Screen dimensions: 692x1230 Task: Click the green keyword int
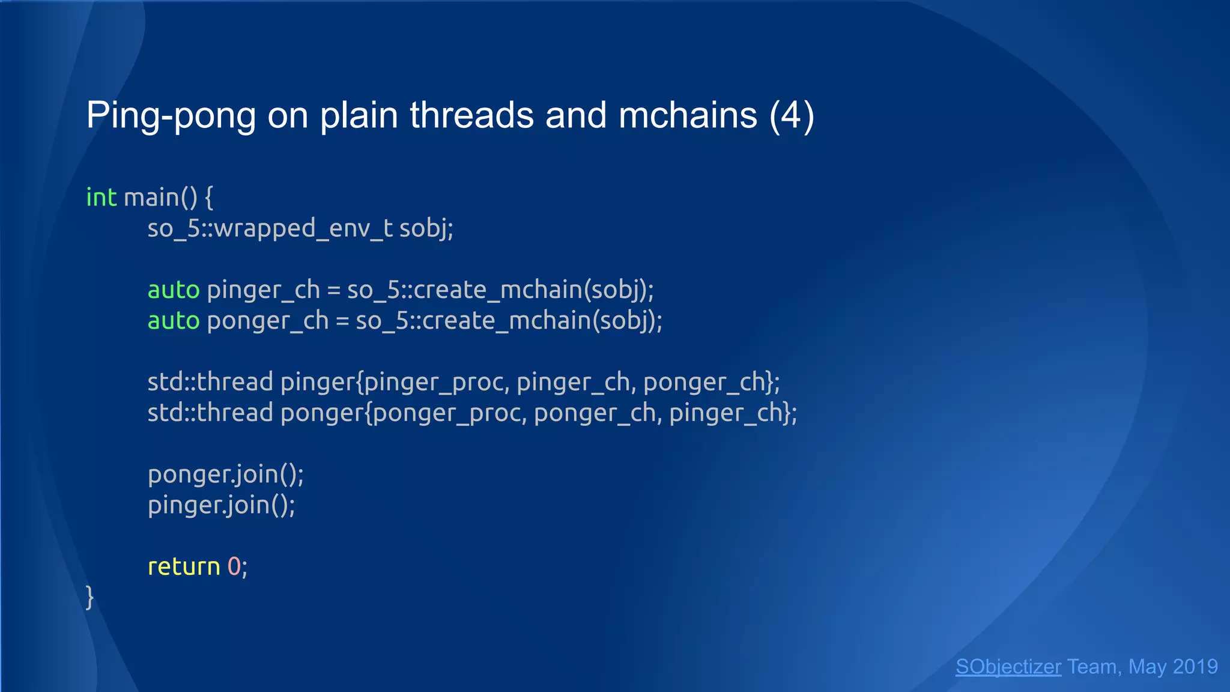(x=101, y=198)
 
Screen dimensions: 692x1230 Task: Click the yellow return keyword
(x=184, y=566)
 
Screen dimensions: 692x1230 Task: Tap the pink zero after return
(x=234, y=566)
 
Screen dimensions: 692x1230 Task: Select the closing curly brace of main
(x=90, y=597)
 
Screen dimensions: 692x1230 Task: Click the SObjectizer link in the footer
(x=1008, y=667)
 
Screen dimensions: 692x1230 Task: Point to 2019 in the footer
(x=1195, y=667)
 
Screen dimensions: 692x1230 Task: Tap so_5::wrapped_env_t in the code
(x=270, y=228)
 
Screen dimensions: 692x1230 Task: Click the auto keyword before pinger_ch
(x=174, y=290)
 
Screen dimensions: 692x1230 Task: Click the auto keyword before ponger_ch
(x=174, y=321)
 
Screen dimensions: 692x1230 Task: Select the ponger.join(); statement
(x=226, y=475)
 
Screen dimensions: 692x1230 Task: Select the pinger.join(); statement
(x=222, y=505)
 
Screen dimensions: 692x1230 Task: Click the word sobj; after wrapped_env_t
(x=426, y=228)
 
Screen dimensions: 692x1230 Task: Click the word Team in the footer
(x=1092, y=667)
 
